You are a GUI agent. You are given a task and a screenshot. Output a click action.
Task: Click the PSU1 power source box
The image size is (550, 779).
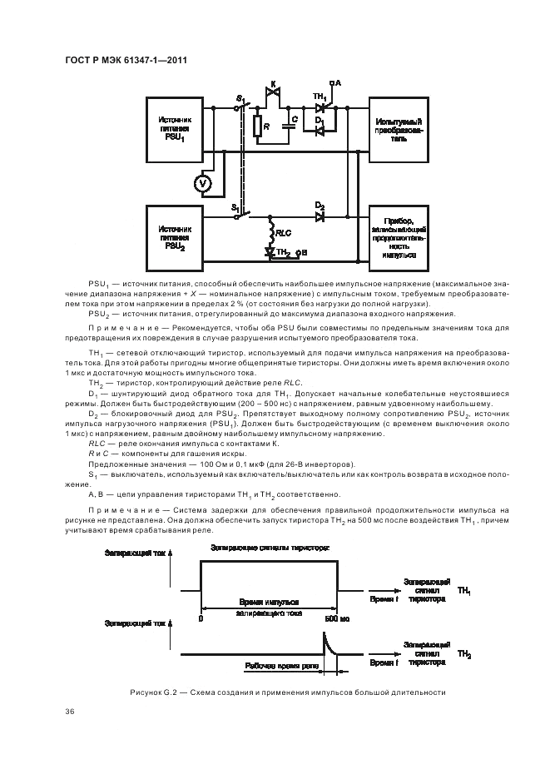click(179, 130)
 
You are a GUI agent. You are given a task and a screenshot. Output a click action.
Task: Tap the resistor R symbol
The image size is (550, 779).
click(259, 127)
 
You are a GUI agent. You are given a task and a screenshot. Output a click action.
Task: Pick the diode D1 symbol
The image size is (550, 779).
click(320, 129)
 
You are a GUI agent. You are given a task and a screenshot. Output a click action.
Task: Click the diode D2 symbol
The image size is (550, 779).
click(320, 216)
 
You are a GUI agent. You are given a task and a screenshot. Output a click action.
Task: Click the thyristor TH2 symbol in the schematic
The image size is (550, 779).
click(270, 251)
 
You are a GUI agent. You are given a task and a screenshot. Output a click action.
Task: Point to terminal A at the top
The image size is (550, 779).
click(333, 82)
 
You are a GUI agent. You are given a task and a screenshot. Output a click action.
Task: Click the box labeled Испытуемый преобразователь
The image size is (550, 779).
click(400, 129)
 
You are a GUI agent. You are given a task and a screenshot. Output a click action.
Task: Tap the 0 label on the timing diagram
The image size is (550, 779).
click(201, 619)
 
